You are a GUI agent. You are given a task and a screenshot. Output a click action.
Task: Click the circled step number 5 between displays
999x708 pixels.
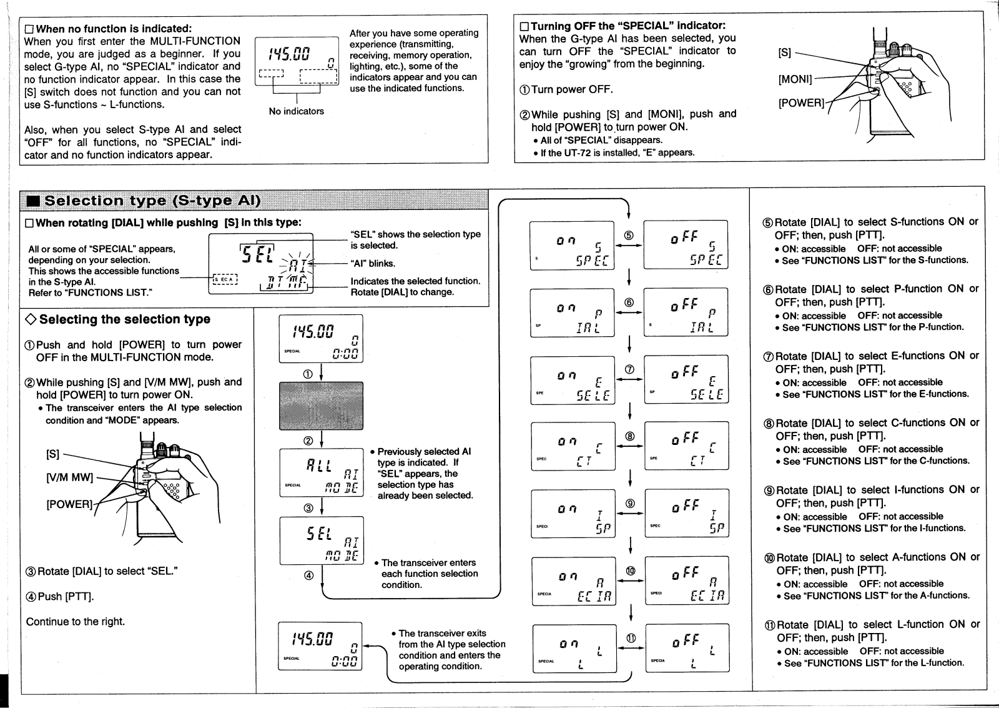629,236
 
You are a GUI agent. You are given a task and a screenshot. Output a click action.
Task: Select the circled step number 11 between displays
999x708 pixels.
631,638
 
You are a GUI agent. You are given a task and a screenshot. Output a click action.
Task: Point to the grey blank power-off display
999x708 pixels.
321,406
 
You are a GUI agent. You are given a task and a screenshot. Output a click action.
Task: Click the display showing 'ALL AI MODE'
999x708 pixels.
321,472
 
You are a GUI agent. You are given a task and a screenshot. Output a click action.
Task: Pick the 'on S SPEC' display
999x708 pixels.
573,245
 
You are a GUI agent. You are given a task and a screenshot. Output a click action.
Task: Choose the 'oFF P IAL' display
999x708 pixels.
686,312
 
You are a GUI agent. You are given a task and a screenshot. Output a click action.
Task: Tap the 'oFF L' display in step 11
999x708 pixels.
687,647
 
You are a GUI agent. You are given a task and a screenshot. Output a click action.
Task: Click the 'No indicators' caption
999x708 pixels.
297,111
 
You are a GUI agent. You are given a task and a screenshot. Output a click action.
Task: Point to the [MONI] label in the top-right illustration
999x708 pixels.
795,79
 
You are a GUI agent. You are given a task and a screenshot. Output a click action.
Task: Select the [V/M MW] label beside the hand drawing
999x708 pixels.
69,478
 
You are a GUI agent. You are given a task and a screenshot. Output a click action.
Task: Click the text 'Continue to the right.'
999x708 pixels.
76,622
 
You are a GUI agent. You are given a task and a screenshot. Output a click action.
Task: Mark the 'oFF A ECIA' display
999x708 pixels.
687,581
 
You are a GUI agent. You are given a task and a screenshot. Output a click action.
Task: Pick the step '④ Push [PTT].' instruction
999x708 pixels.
60,597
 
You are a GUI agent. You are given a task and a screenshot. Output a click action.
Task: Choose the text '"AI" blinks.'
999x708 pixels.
373,264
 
